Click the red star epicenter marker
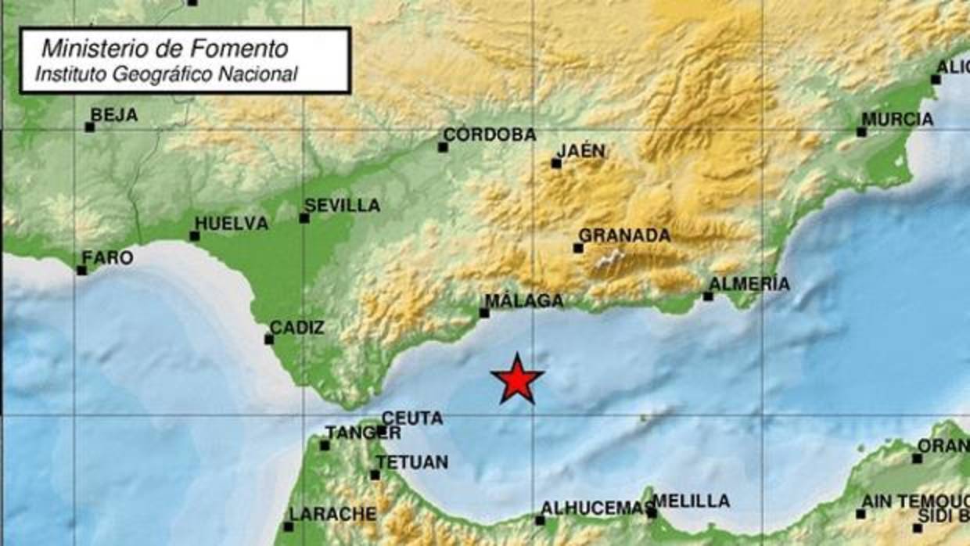point(517,380)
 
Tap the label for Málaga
point(524,301)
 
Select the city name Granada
point(624,235)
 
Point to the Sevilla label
point(342,206)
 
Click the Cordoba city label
point(490,135)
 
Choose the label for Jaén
point(580,151)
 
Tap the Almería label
point(749,284)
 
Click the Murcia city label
point(897,120)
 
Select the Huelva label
point(231,224)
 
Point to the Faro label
point(107,258)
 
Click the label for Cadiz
point(296,328)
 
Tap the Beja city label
point(114,115)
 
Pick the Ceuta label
point(412,418)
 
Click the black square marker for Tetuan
point(375,475)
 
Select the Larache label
point(332,514)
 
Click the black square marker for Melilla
point(652,513)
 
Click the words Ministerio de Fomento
point(164,48)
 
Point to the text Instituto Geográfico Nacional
point(166,74)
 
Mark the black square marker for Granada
point(578,248)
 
